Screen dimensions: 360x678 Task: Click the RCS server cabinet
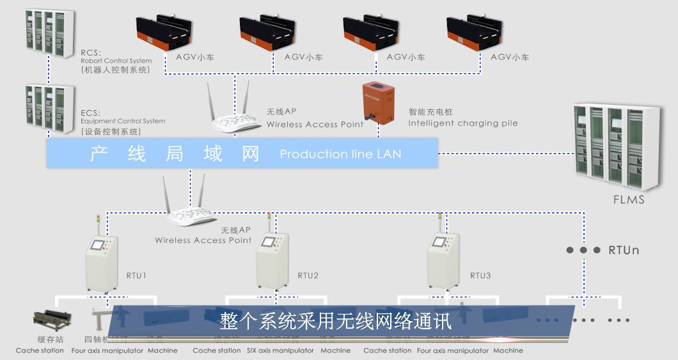click(x=49, y=35)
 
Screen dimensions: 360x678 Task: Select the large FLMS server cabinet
click(x=616, y=148)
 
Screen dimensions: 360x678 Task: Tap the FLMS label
click(x=628, y=200)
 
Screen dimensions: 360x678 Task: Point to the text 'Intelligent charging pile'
click(x=463, y=123)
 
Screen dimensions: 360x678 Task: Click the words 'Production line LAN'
click(x=340, y=154)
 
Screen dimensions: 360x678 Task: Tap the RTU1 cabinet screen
click(x=97, y=244)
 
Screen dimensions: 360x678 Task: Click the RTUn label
click(x=624, y=250)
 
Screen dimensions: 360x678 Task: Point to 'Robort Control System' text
click(x=116, y=61)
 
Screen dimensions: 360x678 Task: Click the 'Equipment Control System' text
click(x=123, y=121)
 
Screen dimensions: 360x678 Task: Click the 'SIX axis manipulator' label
click(x=280, y=350)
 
